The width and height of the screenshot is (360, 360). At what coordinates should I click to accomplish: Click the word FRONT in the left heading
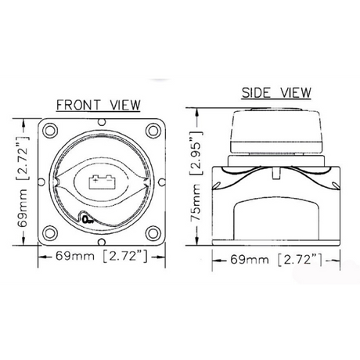pyautogui.click(x=78, y=105)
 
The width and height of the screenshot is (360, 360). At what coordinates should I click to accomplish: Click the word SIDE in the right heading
pyautogui.click(x=256, y=92)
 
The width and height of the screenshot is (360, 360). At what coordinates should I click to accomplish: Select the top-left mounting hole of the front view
pyautogui.click(x=50, y=130)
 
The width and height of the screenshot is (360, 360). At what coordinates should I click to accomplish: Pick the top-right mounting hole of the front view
pyautogui.click(x=153, y=130)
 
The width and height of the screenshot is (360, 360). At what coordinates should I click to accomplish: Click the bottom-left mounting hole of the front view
pyautogui.click(x=50, y=233)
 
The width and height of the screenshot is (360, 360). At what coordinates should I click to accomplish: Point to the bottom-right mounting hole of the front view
pyautogui.click(x=153, y=233)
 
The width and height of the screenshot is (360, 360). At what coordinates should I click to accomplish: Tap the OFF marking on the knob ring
pyautogui.click(x=88, y=220)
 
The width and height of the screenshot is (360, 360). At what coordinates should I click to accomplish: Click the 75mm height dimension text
pyautogui.click(x=196, y=203)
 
